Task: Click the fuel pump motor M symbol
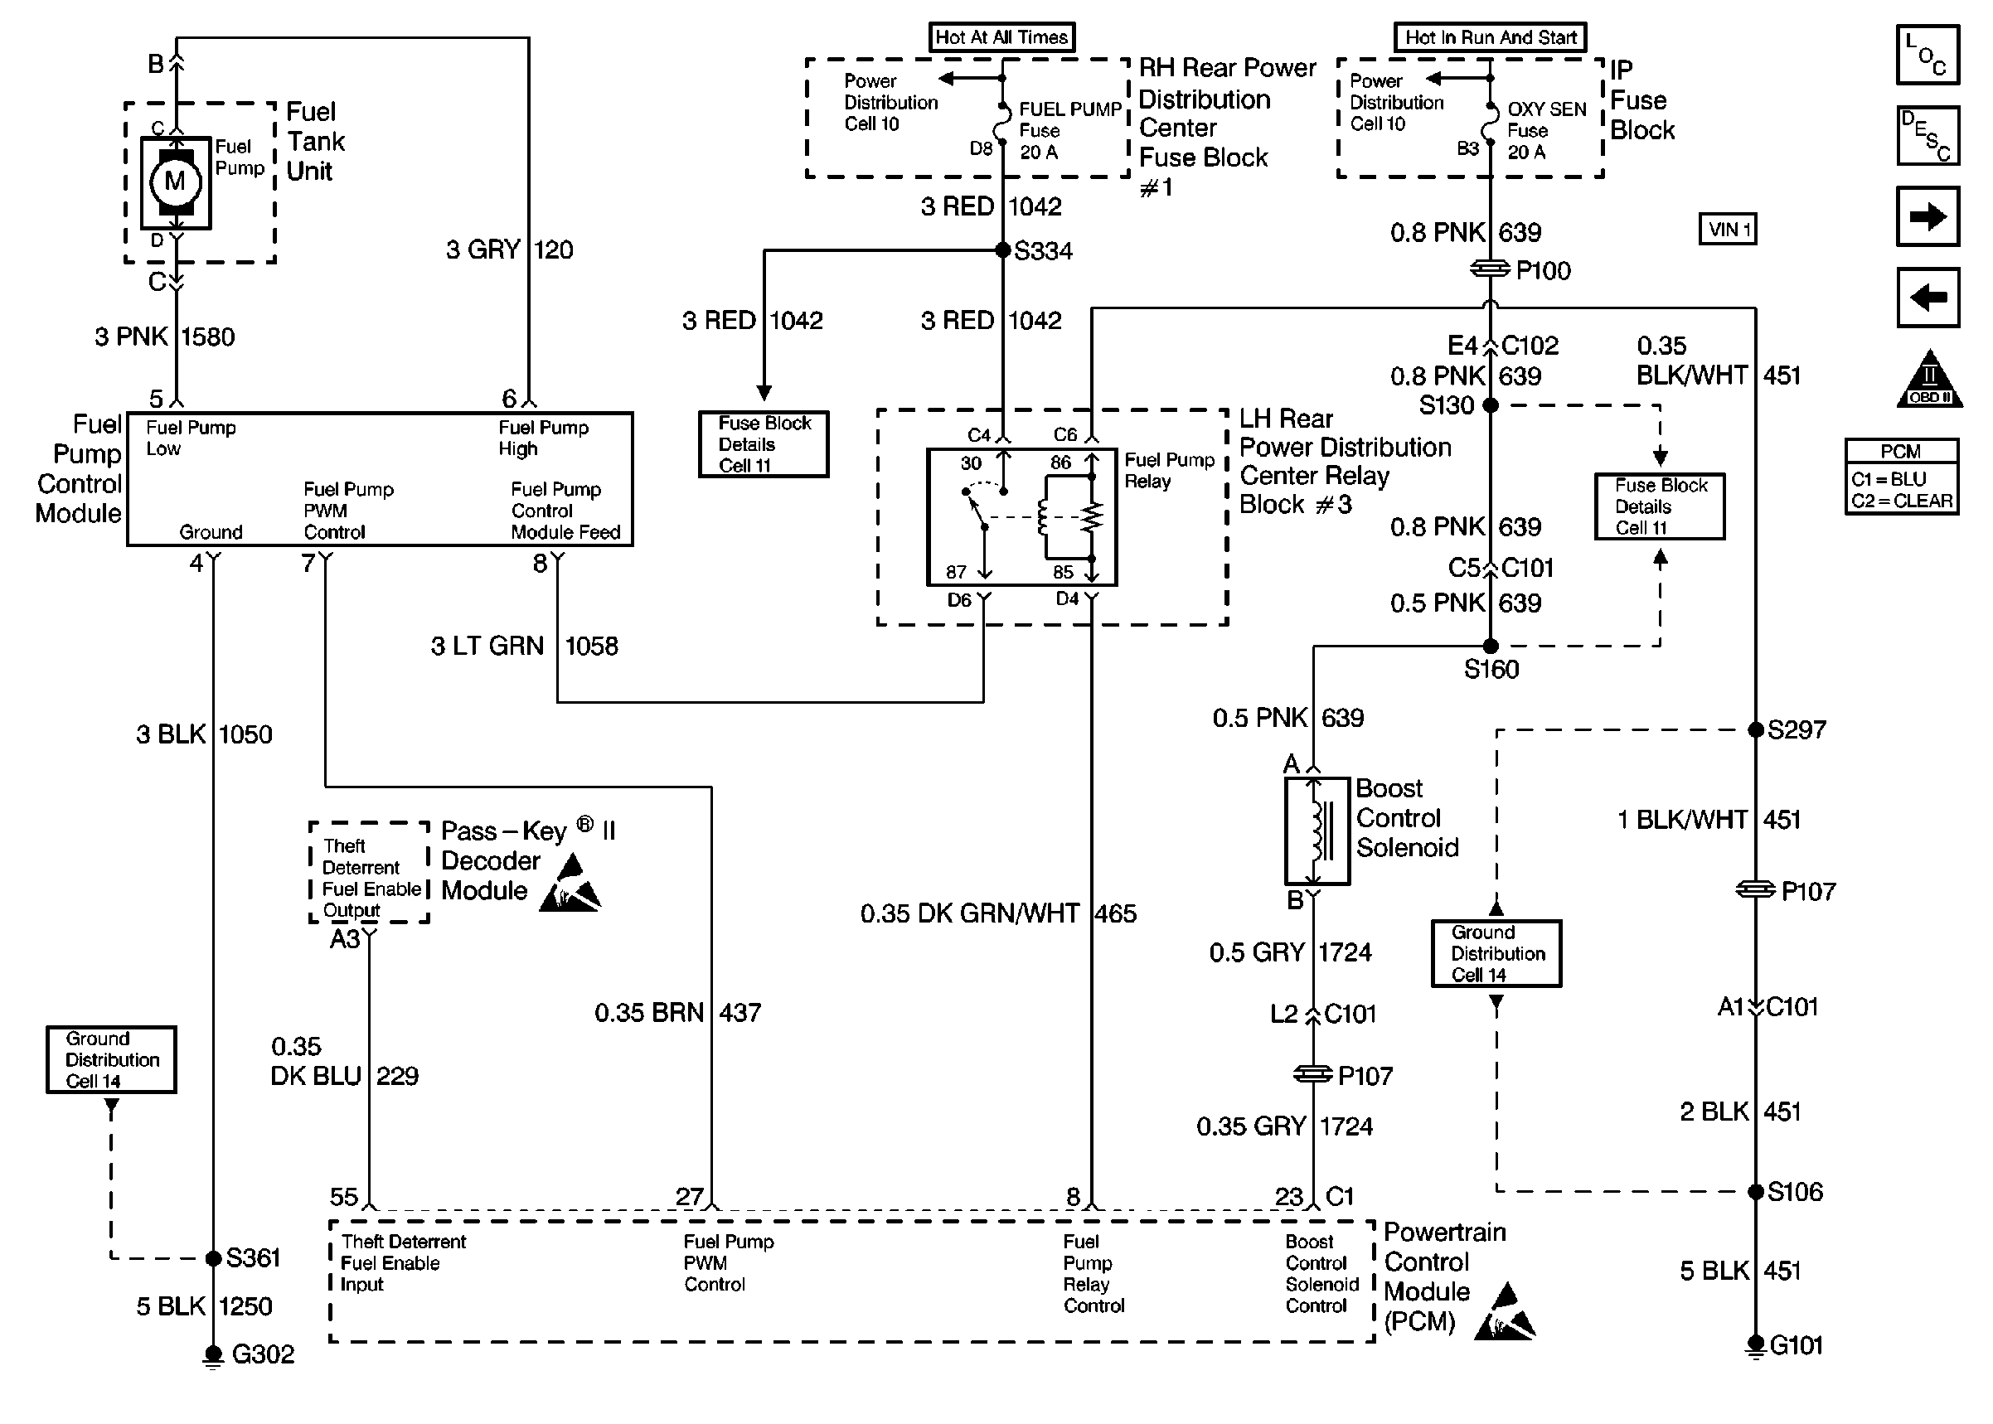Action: (x=176, y=182)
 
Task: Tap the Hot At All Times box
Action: (x=1001, y=37)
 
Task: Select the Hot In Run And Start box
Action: (x=1490, y=37)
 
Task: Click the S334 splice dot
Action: (x=1003, y=251)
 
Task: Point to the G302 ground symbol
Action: (x=213, y=1354)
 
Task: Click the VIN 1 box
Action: (x=1728, y=230)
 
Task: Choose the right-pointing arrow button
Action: (x=1928, y=216)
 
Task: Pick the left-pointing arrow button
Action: (x=1928, y=298)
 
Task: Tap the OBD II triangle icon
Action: (x=1929, y=380)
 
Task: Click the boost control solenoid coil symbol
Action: (x=1317, y=831)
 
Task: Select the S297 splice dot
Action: (x=1755, y=729)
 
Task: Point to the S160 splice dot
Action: (x=1490, y=647)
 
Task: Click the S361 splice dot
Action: (x=213, y=1258)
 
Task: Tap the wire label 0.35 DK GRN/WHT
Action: (x=970, y=913)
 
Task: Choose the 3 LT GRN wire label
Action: (x=487, y=647)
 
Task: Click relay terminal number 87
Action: (x=956, y=573)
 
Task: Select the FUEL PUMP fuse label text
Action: (x=1069, y=109)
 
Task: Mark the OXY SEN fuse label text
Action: (x=1547, y=109)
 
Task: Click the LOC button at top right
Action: (x=1928, y=56)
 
